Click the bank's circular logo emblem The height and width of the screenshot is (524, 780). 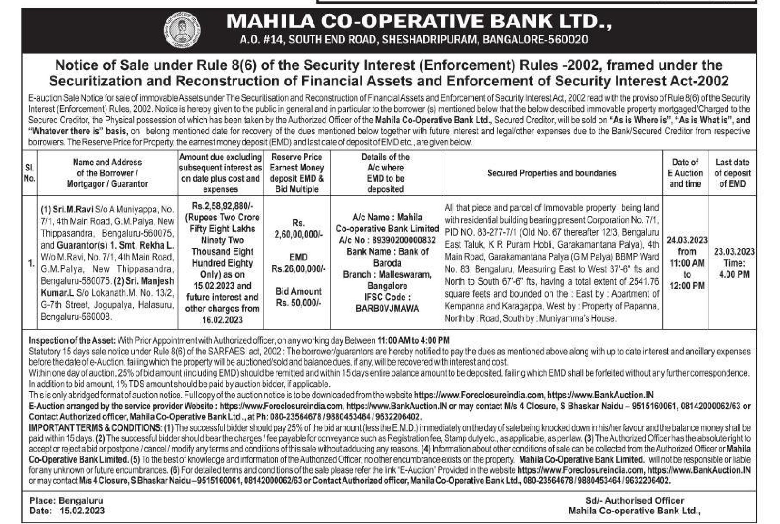coord(182,30)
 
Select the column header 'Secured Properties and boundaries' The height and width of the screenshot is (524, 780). coord(551,173)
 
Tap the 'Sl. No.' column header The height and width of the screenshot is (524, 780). coord(29,173)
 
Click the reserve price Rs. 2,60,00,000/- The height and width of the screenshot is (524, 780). coord(298,229)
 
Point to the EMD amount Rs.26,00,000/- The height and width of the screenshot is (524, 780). coord(298,269)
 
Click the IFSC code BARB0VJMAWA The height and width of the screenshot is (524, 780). coord(387,309)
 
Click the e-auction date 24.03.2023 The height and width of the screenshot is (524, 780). coord(687,240)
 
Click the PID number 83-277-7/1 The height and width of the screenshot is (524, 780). coord(491,232)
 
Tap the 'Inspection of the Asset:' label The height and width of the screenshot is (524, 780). coord(72,340)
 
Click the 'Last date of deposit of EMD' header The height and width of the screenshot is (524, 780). coord(732,173)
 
